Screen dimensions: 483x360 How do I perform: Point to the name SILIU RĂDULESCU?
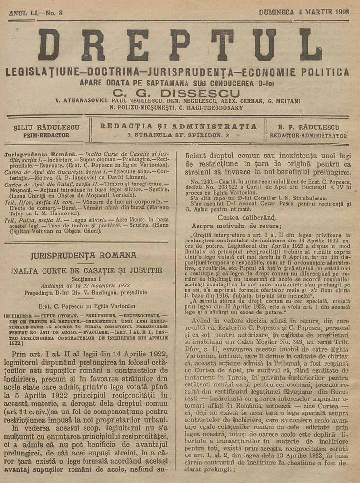pyautogui.click(x=46, y=128)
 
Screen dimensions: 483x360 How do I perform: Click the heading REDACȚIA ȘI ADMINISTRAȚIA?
pyautogui.click(x=178, y=127)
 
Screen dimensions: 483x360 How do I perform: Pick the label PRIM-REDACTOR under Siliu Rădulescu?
pyautogui.click(x=46, y=136)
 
